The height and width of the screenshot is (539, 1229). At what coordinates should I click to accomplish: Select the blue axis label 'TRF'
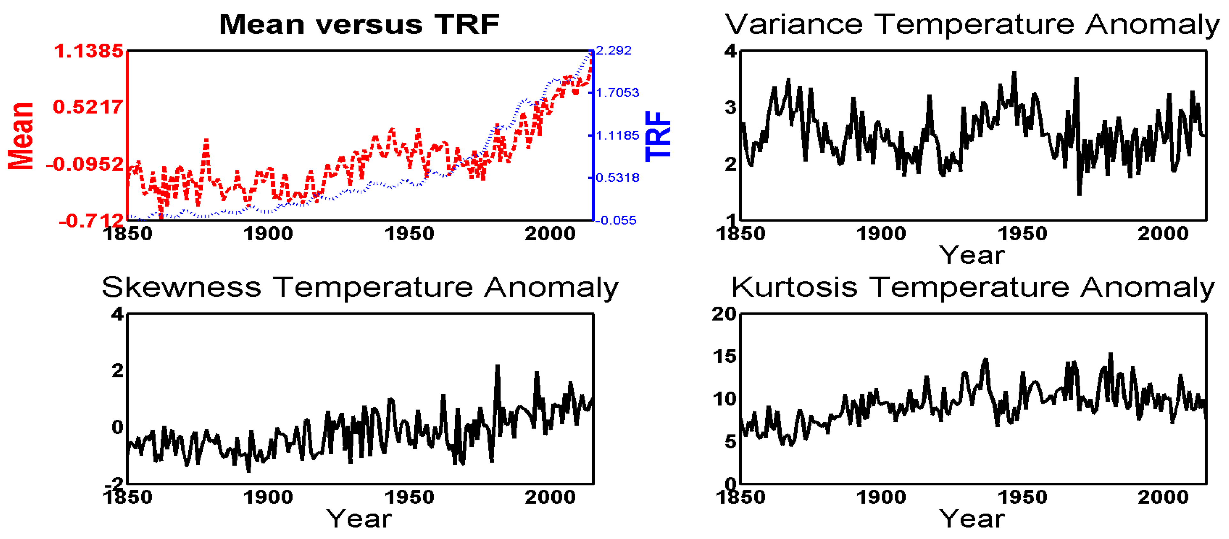(658, 136)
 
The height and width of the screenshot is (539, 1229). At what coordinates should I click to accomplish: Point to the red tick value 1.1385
(89, 51)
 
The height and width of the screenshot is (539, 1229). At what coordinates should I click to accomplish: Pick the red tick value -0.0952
(85, 164)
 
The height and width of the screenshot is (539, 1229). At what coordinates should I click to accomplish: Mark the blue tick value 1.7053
(617, 92)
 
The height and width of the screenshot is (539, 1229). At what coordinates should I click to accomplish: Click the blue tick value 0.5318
(617, 178)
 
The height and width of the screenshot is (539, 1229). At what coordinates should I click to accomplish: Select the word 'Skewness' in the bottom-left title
(181, 288)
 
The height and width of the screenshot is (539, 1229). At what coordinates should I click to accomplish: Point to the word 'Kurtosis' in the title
(794, 288)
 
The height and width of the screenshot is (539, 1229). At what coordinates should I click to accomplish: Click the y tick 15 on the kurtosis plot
(724, 356)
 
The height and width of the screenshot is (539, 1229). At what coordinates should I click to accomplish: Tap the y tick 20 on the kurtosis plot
(724, 314)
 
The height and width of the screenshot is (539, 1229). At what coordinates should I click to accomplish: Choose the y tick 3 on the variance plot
(730, 108)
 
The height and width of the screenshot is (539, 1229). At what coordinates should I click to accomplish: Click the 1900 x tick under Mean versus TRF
(268, 234)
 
